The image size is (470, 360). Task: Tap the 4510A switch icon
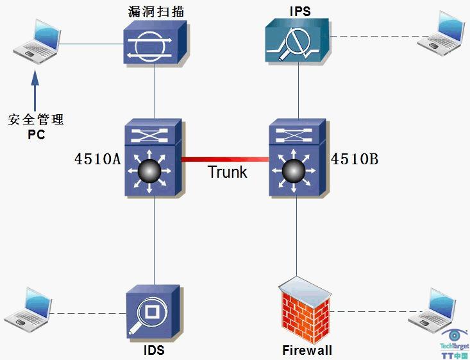(x=155, y=159)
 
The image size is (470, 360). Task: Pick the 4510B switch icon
(x=297, y=159)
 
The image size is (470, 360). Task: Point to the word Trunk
(x=227, y=173)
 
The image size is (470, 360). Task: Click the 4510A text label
(x=97, y=159)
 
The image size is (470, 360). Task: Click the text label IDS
(x=154, y=350)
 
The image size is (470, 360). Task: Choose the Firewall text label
(x=307, y=350)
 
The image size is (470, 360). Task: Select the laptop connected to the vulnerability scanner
(x=37, y=42)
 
